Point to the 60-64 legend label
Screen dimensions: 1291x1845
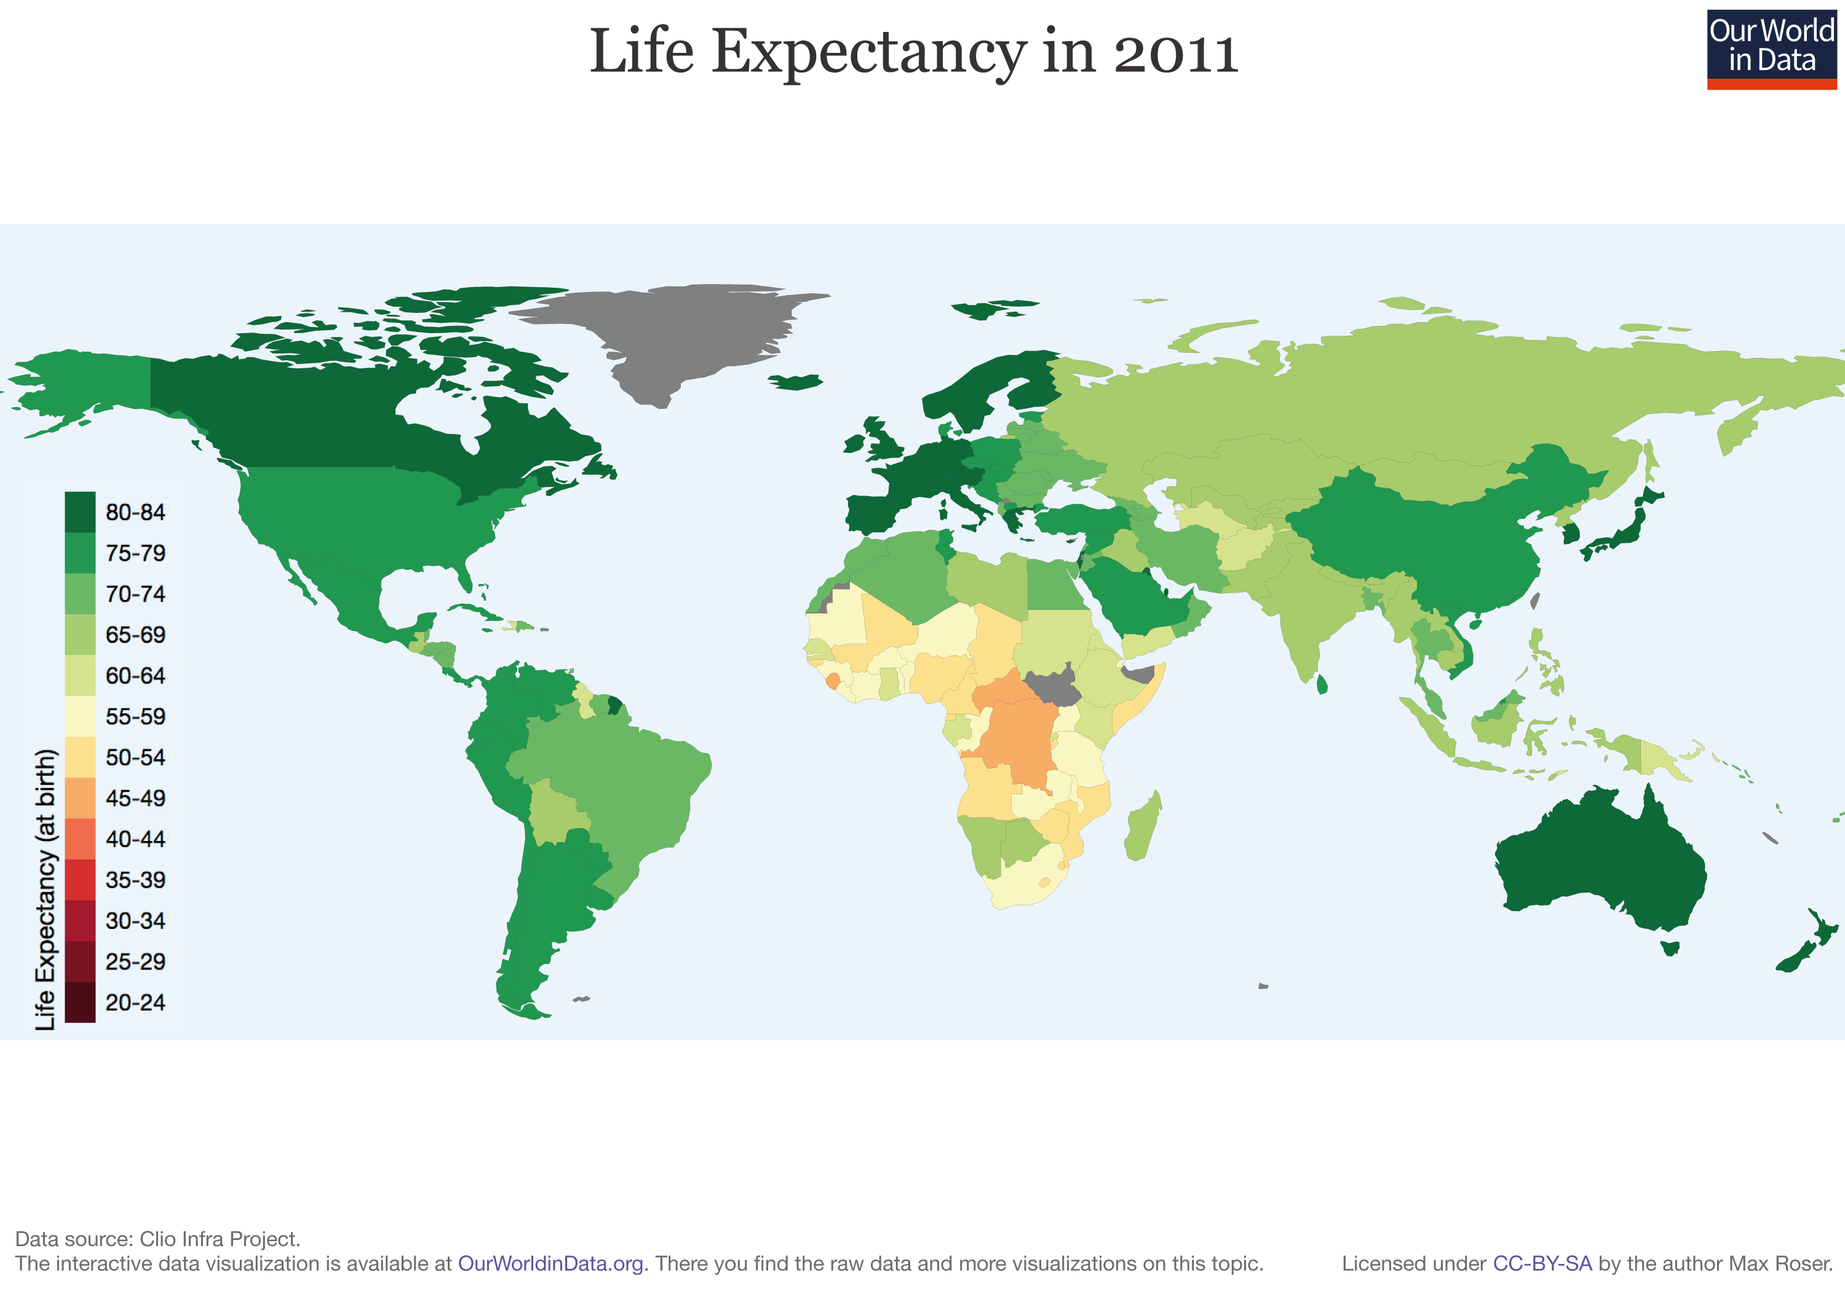(135, 676)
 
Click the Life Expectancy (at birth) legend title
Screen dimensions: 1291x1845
(46, 888)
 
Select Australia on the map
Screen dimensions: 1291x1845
(1599, 867)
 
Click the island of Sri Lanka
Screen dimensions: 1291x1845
(1322, 684)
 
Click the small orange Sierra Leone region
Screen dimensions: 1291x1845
(833, 681)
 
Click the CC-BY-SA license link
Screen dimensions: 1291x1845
(1541, 1264)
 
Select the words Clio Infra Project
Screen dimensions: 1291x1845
(218, 1238)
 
